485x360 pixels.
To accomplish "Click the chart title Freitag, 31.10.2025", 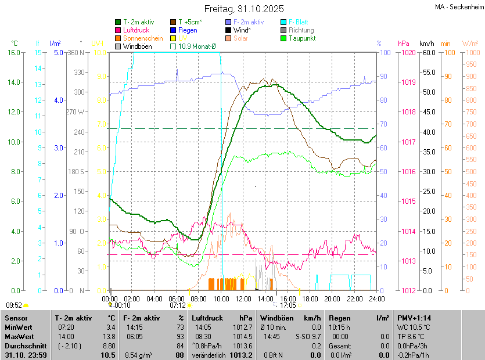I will pos(244,9).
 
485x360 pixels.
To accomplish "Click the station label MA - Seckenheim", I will pos(459,6).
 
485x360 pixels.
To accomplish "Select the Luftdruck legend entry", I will pos(135,30).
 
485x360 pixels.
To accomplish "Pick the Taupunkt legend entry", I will pos(301,38).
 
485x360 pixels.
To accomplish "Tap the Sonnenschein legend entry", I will pos(143,38).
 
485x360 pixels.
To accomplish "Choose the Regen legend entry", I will pos(188,30).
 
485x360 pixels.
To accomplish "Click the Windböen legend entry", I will pos(136,46).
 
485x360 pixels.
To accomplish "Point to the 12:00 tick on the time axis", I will pos(243,298).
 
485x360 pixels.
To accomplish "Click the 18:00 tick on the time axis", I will pos(310,298).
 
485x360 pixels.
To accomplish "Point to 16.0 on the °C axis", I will pos(13,52).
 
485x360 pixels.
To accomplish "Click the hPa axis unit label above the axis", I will pos(403,43).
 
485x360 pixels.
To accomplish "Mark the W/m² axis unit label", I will pos(470,43).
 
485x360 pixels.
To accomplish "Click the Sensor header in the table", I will pos(16,318).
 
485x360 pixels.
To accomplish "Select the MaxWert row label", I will pos(19,336).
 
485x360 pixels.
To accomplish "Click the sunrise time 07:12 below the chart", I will pos(178,305).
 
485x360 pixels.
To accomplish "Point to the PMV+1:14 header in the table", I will pos(414,318).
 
